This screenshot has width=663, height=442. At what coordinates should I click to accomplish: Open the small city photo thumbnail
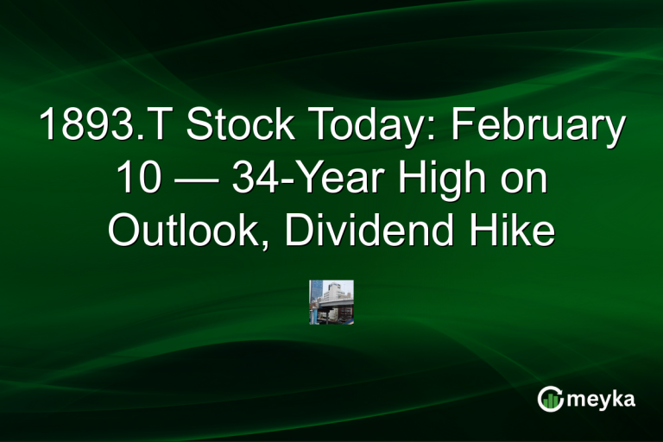point(331,302)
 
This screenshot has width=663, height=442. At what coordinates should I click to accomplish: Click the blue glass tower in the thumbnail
point(317,291)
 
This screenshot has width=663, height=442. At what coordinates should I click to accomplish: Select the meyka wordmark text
point(601,401)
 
